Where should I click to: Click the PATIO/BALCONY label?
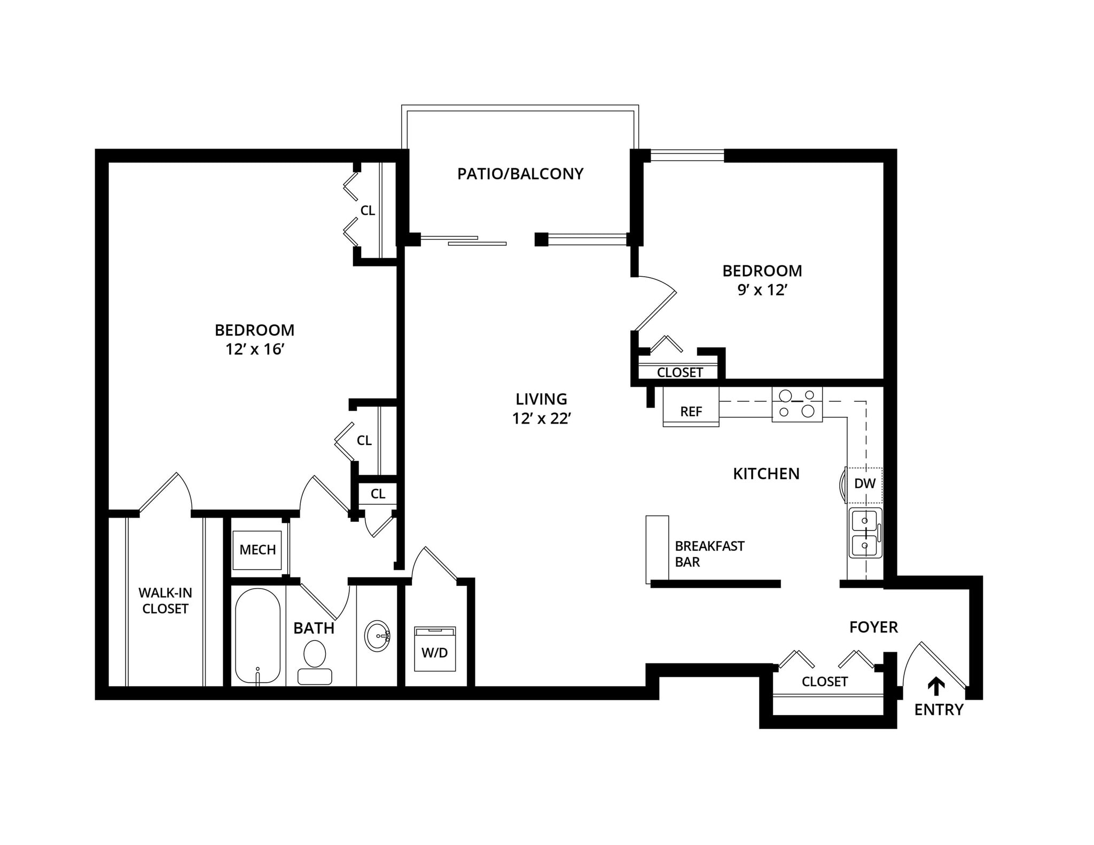click(x=520, y=174)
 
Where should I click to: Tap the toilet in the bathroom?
click(x=315, y=662)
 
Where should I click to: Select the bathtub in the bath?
click(x=257, y=636)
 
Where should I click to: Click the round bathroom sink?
click(x=378, y=636)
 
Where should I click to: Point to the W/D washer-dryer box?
click(x=435, y=649)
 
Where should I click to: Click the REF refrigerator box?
click(x=691, y=410)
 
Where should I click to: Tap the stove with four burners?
click(x=796, y=404)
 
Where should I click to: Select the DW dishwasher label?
click(x=864, y=484)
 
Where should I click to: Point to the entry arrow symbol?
click(x=935, y=686)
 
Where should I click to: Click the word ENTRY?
click(x=939, y=710)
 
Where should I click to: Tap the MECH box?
click(x=257, y=550)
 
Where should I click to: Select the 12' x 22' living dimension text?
click(x=542, y=419)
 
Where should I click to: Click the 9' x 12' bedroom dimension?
click(x=762, y=290)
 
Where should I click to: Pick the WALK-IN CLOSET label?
click(x=165, y=600)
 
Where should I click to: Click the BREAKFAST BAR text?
click(x=709, y=554)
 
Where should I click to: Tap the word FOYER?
click(x=873, y=627)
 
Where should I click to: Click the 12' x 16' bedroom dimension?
click(x=254, y=349)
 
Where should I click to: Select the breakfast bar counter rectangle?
click(x=657, y=549)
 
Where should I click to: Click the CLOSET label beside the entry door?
click(x=824, y=682)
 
